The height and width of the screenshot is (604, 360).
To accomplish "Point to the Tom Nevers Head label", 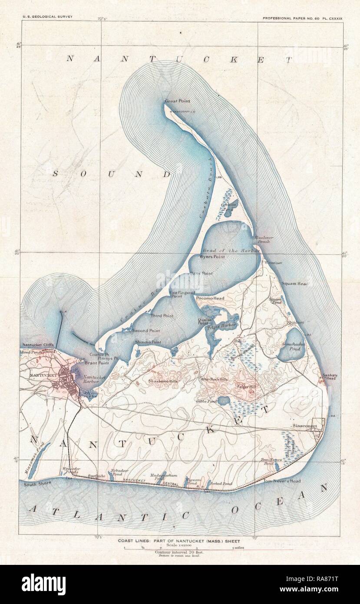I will pyautogui.click(x=283, y=481).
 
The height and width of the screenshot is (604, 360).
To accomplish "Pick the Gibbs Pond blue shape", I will pyautogui.click(x=223, y=400).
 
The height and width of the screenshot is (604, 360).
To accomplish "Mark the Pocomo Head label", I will pyautogui.click(x=210, y=299).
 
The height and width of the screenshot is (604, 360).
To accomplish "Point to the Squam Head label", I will pyautogui.click(x=294, y=284).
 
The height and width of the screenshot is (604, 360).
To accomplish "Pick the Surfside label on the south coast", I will pyautogui.click(x=96, y=476).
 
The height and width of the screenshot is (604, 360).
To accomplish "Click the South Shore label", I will pyautogui.click(x=37, y=483).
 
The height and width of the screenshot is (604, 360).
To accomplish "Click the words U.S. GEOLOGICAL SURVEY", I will pyautogui.click(x=47, y=17).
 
